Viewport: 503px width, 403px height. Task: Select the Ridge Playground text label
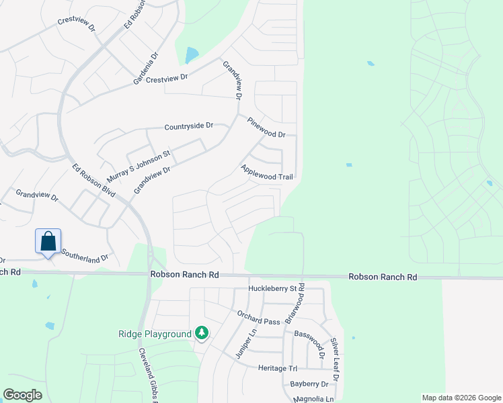(x=155, y=333)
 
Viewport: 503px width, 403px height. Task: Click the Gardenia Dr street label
(x=145, y=68)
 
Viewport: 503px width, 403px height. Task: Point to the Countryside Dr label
(x=189, y=126)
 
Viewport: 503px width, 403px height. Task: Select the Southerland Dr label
(x=85, y=256)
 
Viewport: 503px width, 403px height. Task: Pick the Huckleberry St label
(x=272, y=289)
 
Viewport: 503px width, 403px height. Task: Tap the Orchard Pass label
(x=258, y=317)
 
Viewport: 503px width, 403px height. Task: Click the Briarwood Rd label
(x=296, y=304)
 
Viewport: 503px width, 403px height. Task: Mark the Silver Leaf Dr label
(x=334, y=361)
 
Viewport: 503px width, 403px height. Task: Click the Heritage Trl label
(x=277, y=368)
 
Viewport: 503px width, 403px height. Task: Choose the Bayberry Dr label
(x=309, y=384)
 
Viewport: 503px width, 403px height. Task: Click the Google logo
(x=23, y=395)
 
